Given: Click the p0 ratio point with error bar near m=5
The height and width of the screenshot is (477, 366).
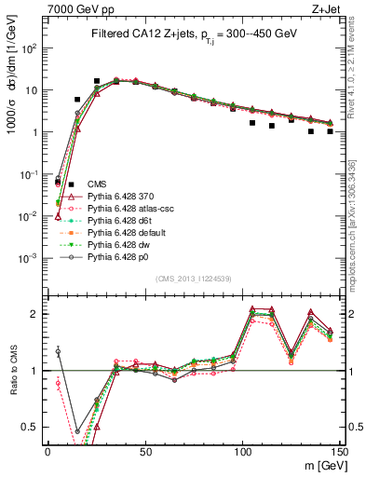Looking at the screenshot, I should click(58, 352).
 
